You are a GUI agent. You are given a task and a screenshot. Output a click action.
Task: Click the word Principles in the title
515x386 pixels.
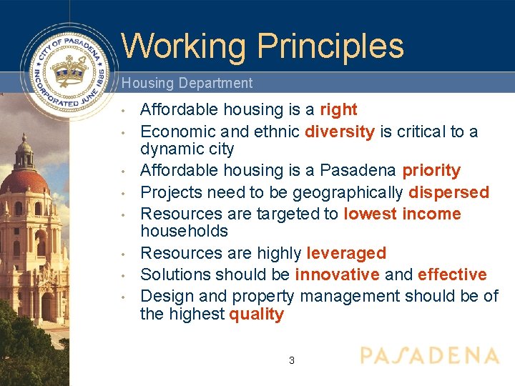(x=330, y=46)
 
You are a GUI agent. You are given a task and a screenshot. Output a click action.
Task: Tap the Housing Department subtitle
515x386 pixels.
(x=187, y=83)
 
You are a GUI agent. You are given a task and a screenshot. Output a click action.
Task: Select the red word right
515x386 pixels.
(x=338, y=109)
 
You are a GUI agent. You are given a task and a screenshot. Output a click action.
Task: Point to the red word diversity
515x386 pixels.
(x=340, y=132)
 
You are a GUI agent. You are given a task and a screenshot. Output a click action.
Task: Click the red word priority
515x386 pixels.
(x=431, y=171)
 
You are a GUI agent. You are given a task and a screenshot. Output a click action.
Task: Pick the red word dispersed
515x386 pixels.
(x=448, y=192)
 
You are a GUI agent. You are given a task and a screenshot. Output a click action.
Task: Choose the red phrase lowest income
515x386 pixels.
(x=402, y=214)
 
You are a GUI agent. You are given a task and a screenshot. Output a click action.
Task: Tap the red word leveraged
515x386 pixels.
(x=346, y=253)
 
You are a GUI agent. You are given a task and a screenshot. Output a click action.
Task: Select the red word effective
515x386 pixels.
(x=452, y=274)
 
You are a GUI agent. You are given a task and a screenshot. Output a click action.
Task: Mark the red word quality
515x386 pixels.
(x=256, y=315)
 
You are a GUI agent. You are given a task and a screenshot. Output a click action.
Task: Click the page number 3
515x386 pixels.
(x=291, y=360)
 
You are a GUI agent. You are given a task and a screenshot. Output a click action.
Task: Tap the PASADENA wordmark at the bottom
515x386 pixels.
(x=429, y=356)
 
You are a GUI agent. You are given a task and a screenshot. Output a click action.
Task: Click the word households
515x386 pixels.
(x=184, y=231)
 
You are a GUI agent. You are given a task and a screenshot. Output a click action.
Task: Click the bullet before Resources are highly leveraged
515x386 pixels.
(x=124, y=254)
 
